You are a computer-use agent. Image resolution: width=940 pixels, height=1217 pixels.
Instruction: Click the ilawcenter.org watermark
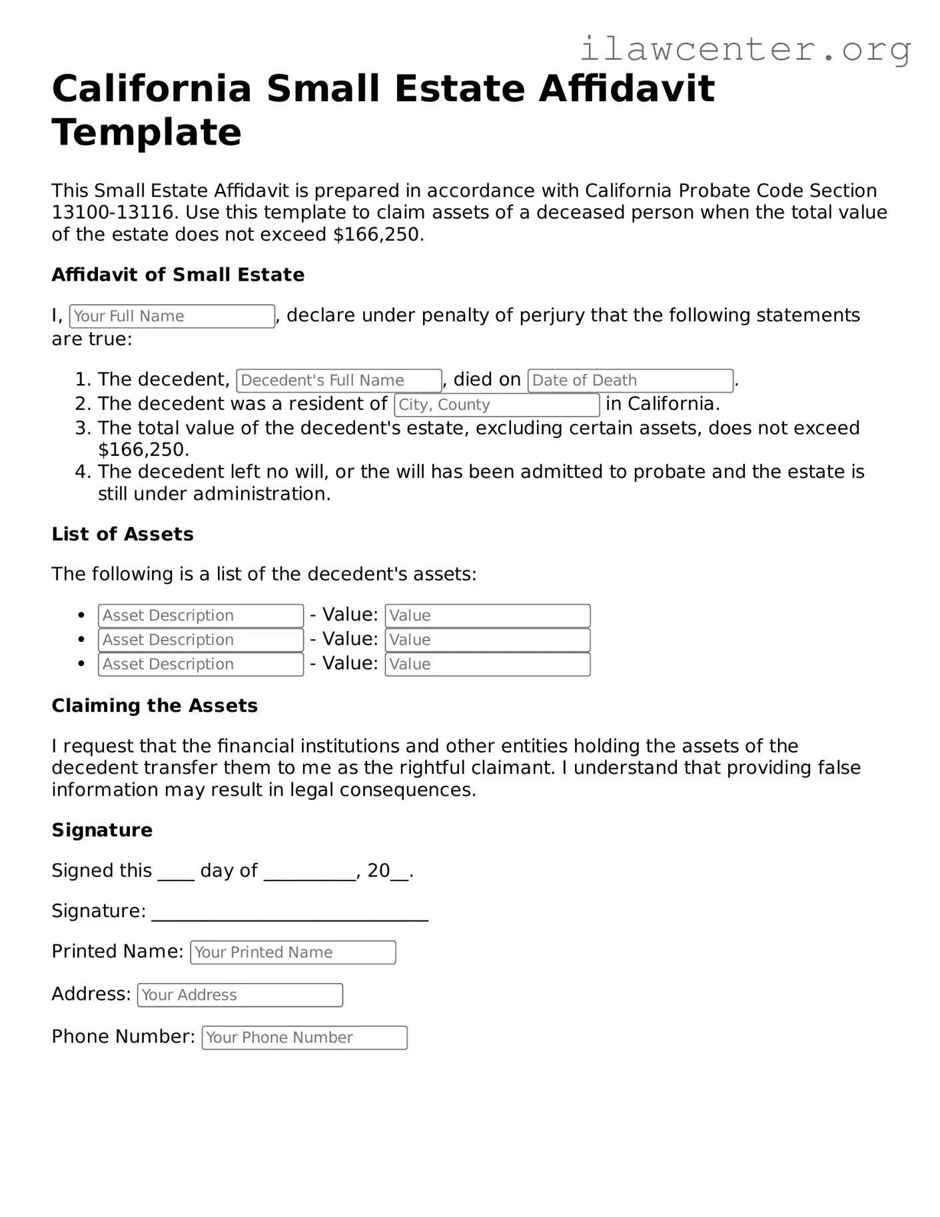click(x=745, y=49)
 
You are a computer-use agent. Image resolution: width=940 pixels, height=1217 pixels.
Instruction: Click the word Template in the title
click(x=147, y=132)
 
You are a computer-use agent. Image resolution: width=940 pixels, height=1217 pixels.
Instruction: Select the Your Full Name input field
click(x=172, y=316)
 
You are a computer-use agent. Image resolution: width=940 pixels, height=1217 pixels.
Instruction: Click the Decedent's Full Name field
click(x=338, y=381)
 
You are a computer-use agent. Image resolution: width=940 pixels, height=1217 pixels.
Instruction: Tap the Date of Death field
click(x=630, y=381)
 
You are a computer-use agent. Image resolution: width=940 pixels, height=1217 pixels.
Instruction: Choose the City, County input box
click(x=496, y=405)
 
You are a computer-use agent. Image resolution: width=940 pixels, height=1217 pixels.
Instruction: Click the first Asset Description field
click(x=201, y=616)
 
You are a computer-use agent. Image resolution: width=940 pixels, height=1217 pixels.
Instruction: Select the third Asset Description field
click(x=201, y=664)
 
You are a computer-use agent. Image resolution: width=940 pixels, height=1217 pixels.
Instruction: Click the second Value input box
click(x=487, y=640)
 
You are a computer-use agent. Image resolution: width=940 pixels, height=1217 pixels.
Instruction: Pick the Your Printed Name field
click(x=292, y=952)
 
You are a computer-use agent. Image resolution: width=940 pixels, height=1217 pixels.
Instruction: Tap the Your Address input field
click(x=240, y=995)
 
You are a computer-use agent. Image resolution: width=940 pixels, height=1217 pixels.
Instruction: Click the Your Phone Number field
click(x=304, y=1038)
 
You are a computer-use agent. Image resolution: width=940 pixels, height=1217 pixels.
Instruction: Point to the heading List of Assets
click(x=123, y=534)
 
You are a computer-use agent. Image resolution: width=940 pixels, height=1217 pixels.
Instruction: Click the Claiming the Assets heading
click(x=155, y=706)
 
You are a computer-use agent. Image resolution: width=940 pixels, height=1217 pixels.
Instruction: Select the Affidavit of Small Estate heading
click(x=178, y=275)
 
